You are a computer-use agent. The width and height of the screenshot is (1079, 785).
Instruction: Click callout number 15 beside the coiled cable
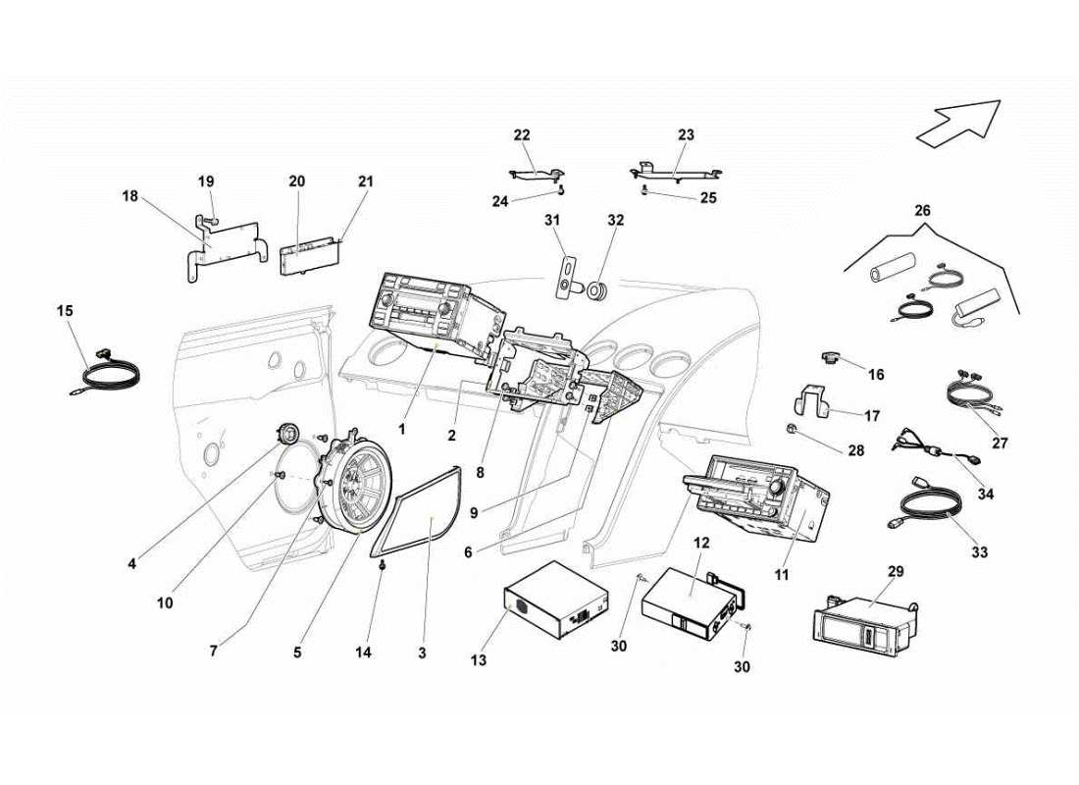point(65,311)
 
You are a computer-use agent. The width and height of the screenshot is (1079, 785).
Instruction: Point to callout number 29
point(896,571)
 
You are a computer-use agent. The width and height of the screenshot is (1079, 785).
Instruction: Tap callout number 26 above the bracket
point(922,210)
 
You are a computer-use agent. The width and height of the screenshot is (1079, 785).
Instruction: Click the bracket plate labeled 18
point(226,245)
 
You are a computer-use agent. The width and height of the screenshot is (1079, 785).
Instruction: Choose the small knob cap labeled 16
point(832,358)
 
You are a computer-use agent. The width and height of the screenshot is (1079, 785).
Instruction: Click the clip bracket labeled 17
point(813,401)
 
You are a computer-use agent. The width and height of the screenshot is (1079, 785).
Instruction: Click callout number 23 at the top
point(686,134)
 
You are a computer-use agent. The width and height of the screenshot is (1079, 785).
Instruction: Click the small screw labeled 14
point(383,569)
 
